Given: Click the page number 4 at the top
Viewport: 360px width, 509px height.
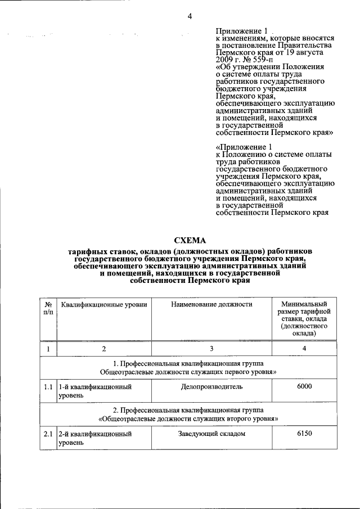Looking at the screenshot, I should click(x=190, y=16).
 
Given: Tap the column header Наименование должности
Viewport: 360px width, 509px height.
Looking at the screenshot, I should click(x=211, y=304).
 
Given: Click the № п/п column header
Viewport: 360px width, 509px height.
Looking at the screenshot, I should click(x=48, y=308).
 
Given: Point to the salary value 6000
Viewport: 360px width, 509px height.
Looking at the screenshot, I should click(x=304, y=386).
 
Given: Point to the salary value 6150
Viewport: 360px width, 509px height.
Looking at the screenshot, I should click(x=304, y=434).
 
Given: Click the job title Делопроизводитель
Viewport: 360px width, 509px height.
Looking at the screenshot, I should click(x=211, y=387).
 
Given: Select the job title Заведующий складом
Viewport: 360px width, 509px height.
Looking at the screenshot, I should click(x=211, y=434).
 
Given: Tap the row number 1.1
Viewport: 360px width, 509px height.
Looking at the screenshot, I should click(x=48, y=387).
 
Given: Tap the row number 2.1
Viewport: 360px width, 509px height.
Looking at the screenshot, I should click(x=48, y=434).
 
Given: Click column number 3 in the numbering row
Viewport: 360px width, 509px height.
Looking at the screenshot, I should click(x=211, y=349).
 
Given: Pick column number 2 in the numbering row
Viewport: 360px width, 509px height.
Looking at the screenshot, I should click(x=104, y=349).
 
